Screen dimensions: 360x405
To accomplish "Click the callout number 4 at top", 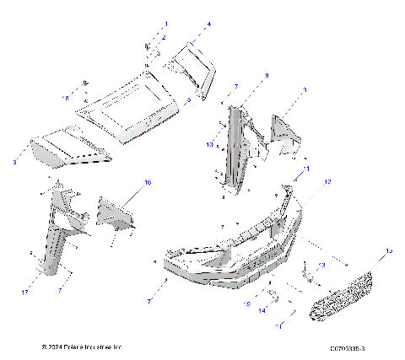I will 209,24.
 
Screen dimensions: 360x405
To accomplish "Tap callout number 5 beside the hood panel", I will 212,99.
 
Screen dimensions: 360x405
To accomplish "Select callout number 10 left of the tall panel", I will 210,144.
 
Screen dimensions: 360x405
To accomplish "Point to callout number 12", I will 328,181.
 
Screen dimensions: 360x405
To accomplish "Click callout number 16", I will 148,182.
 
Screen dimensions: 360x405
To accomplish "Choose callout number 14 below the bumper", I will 262,311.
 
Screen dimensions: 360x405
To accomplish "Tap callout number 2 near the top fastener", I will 165,38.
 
